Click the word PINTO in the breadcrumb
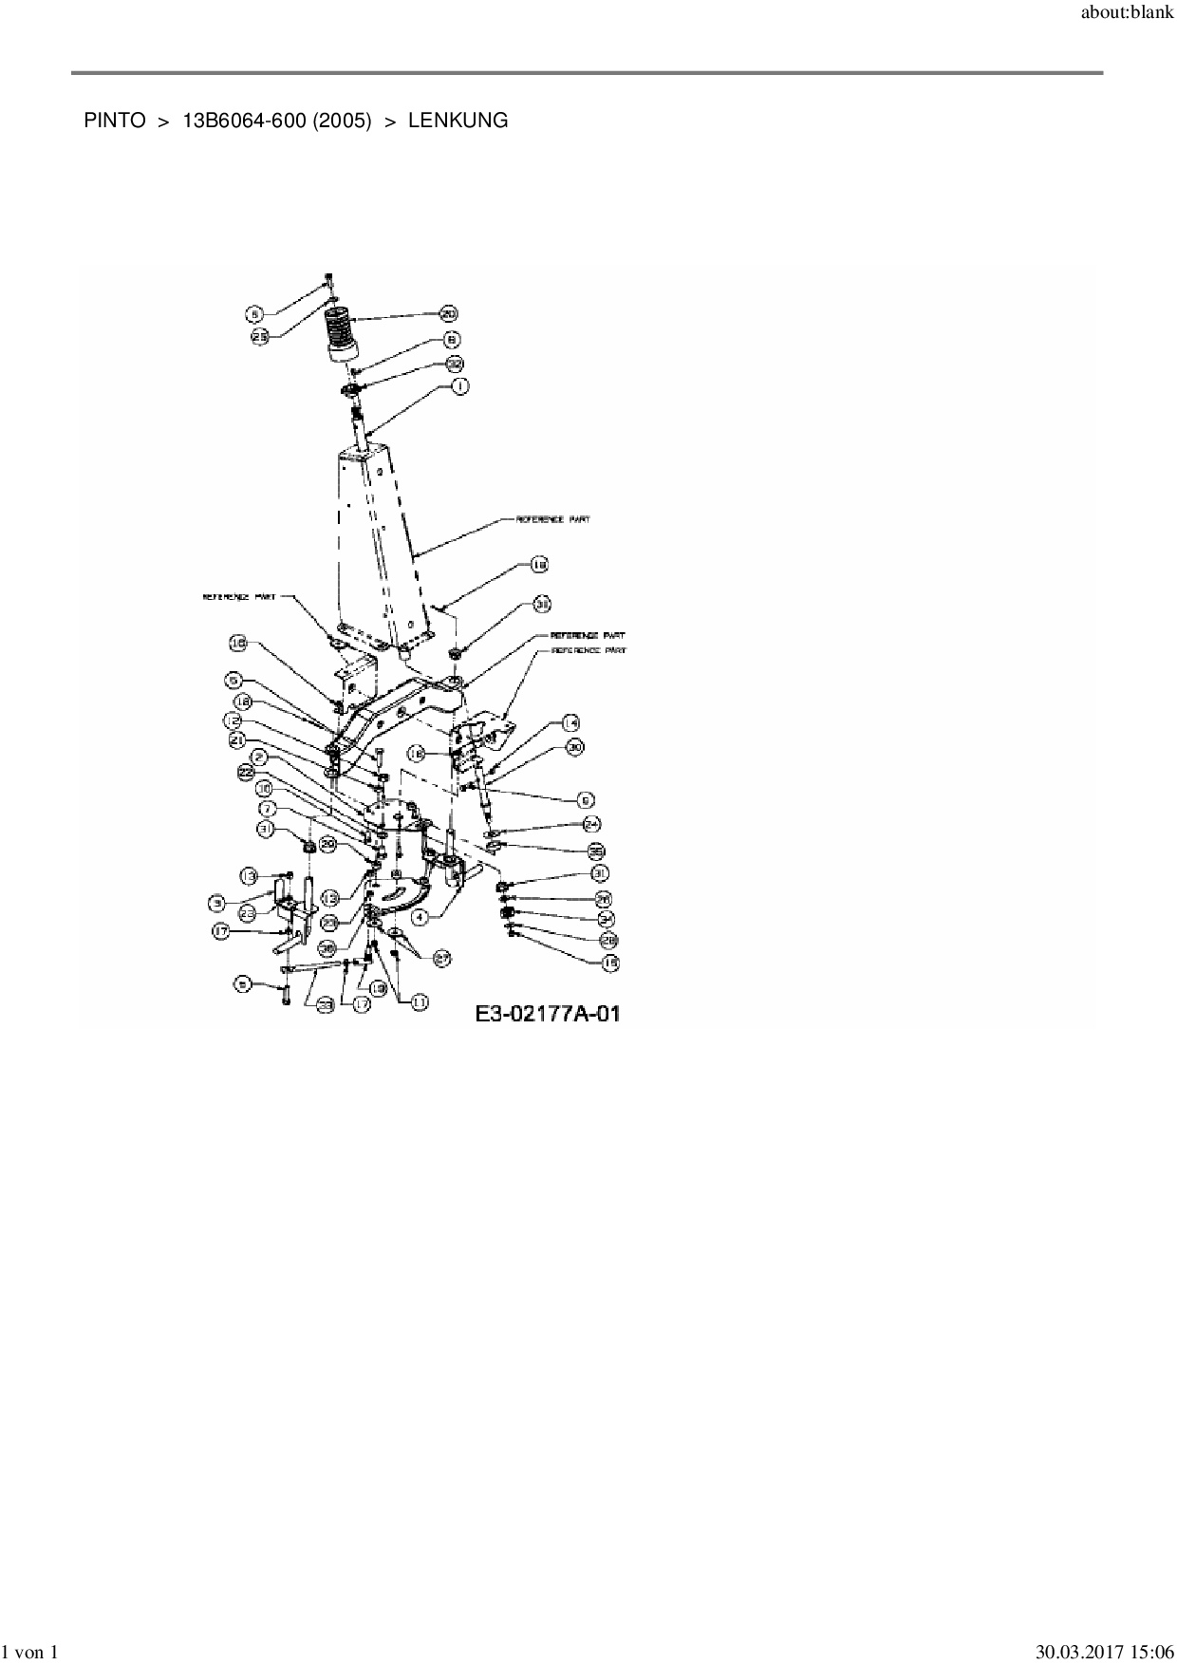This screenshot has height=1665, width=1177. tap(114, 121)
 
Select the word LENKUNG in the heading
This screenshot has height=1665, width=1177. tap(458, 121)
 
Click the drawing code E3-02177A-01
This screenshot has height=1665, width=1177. tap(548, 1014)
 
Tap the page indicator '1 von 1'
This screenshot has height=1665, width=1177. tap(31, 1653)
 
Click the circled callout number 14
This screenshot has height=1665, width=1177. tap(570, 722)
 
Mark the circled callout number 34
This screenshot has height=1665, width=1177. tap(607, 918)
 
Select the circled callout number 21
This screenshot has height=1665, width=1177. tap(237, 739)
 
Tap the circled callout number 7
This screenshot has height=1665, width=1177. tap(268, 809)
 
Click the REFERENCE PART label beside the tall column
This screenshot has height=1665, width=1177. tap(552, 519)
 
